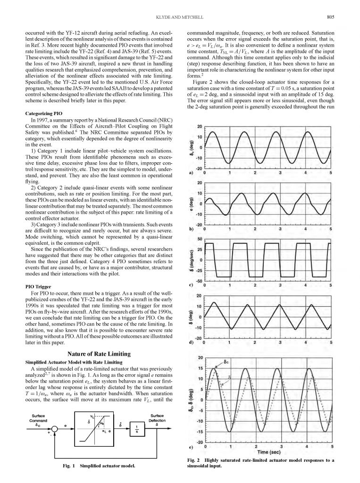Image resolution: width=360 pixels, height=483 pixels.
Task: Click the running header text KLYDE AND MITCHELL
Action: coord(180,17)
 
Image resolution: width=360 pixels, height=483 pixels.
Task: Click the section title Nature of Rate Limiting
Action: coord(100,353)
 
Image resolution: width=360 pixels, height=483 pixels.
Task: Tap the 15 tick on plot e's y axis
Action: coord(200,368)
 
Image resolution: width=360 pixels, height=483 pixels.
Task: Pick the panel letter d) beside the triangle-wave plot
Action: coord(191,342)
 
